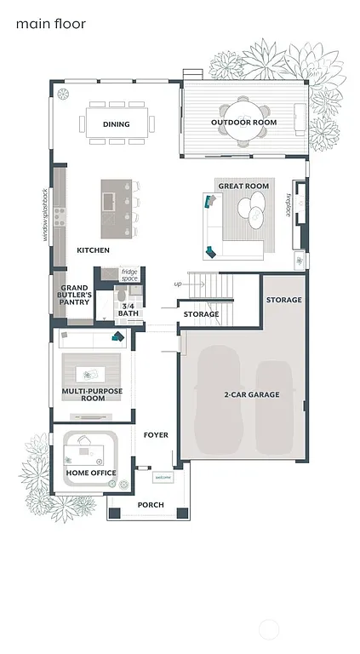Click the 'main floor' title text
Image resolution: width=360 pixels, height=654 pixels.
point(50,25)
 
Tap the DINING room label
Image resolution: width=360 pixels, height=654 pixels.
point(117,124)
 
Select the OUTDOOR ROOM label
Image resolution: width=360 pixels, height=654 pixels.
point(244,123)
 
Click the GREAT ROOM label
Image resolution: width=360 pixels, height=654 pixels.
point(243,186)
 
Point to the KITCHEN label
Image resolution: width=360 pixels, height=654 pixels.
point(93,250)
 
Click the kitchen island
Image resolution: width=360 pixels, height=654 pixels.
point(117,208)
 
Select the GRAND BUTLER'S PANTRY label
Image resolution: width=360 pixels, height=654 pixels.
point(75,295)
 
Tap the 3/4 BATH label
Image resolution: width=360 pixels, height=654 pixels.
point(129,309)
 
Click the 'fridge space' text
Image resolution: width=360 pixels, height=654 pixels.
point(129,275)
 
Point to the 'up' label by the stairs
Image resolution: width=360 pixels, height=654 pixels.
point(178,284)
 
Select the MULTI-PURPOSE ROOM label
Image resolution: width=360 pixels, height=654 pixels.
point(94,394)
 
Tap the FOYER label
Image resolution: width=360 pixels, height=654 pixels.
point(156,435)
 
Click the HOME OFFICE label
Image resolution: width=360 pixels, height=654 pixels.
point(91,473)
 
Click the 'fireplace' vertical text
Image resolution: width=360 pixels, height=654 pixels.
point(289,205)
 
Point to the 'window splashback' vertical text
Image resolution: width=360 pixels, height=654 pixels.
point(46,215)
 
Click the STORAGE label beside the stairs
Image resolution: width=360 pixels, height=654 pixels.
point(202,314)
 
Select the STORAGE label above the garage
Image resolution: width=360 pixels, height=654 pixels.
point(283,300)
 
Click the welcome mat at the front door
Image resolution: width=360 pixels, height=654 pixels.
point(162,478)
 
